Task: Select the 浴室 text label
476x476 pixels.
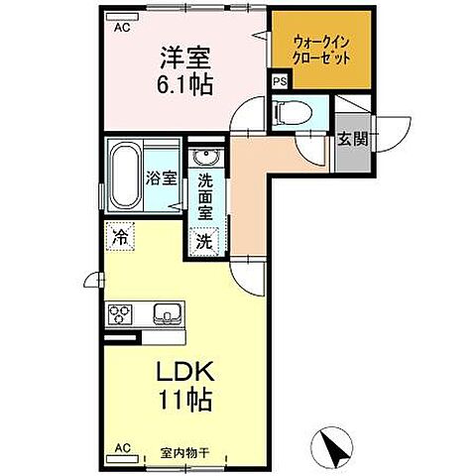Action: click(161, 179)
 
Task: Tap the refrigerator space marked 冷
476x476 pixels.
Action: click(119, 237)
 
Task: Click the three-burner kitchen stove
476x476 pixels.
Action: click(123, 316)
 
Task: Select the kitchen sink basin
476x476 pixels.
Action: click(166, 317)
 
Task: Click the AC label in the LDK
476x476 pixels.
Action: click(121, 447)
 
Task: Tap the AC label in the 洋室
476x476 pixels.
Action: click(122, 29)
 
